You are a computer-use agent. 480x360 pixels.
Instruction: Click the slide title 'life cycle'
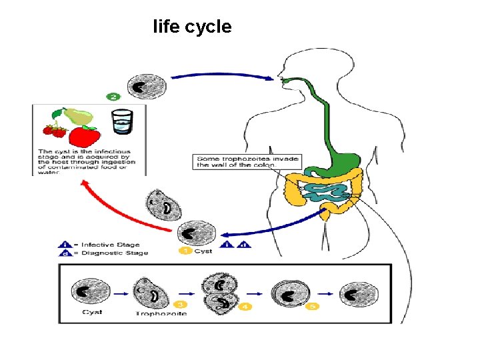pyautogui.click(x=192, y=27)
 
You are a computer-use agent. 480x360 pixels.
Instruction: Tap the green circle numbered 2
pyautogui.click(x=113, y=97)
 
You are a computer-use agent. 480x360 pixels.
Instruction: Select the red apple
pyautogui.click(x=85, y=137)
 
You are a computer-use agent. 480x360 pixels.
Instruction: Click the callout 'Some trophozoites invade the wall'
pyautogui.click(x=247, y=161)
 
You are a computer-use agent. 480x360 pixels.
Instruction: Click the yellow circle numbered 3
pyautogui.click(x=179, y=305)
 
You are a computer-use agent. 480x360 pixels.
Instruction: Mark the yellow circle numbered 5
pyautogui.click(x=313, y=306)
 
